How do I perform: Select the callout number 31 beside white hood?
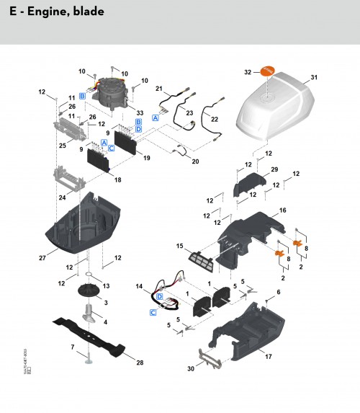pyautogui.click(x=313, y=77)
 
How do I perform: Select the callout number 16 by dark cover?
pyautogui.click(x=283, y=210)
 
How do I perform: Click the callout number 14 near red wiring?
pyautogui.click(x=140, y=287)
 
